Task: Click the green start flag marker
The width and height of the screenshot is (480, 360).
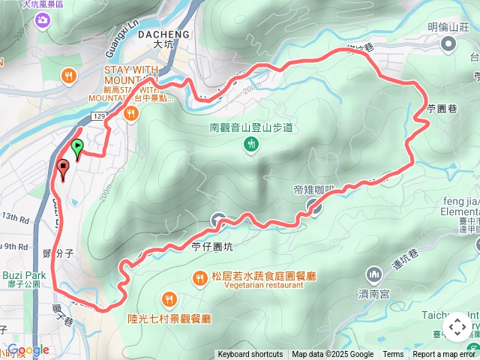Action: pos(77,146)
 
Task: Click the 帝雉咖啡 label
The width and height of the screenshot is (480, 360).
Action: pos(316,190)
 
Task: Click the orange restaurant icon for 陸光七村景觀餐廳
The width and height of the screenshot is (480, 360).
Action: pos(169,299)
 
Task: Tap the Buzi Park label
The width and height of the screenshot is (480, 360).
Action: pos(24,275)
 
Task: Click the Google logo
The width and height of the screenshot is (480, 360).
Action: pos(28,350)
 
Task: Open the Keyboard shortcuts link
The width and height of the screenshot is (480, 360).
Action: pos(250,355)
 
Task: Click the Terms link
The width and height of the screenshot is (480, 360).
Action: pos(393,355)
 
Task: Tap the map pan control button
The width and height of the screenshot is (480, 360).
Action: pos(457,328)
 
